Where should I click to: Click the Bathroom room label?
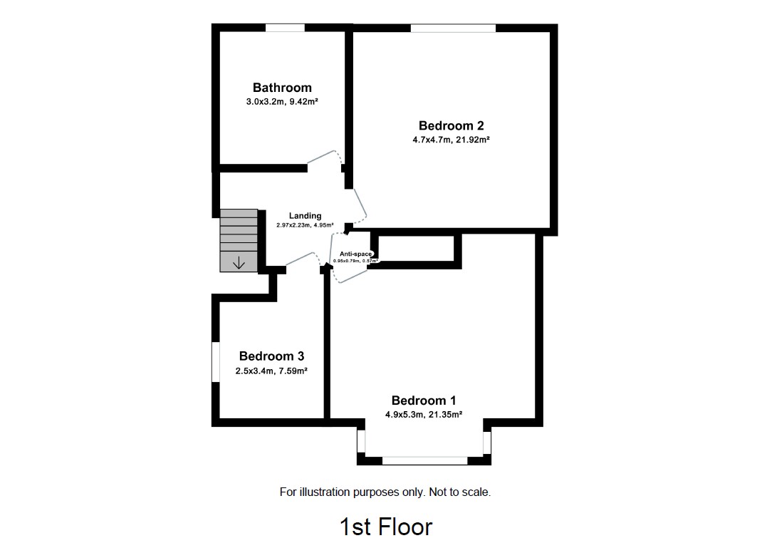(x=282, y=88)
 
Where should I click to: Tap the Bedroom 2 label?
(x=451, y=126)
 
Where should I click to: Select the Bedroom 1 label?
(x=424, y=400)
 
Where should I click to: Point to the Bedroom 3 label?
(x=271, y=356)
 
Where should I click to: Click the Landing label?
(x=305, y=216)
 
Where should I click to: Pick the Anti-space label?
(x=355, y=254)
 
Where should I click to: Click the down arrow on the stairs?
(x=239, y=263)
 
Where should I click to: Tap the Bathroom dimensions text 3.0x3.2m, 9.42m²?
(x=282, y=103)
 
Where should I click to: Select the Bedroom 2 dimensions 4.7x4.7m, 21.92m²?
(x=451, y=140)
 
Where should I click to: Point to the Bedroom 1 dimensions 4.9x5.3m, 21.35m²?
(x=424, y=414)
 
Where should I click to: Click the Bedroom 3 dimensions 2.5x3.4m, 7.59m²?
(x=271, y=371)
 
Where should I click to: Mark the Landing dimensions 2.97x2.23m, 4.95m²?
(x=305, y=225)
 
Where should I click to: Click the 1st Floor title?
(x=385, y=527)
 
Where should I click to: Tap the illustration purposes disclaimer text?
(x=385, y=492)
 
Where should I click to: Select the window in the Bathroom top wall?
(x=285, y=28)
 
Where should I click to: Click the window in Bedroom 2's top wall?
(x=453, y=28)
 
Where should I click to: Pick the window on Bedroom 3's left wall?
(x=215, y=363)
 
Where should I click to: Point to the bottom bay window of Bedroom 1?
(x=424, y=461)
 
